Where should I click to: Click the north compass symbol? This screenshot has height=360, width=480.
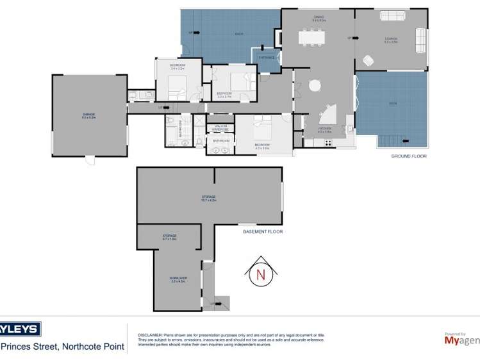261,274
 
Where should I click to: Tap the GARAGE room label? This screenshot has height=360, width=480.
88,115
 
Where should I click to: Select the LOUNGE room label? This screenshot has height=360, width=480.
391,40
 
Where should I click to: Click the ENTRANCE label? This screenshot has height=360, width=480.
267,58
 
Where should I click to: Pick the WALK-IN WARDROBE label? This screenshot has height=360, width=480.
221,127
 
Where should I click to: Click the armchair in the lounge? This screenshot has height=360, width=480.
368,61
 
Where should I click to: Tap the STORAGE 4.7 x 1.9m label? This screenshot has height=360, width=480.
169,237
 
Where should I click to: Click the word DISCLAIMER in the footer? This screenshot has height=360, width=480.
149,335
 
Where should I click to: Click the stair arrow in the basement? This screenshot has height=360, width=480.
211,302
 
